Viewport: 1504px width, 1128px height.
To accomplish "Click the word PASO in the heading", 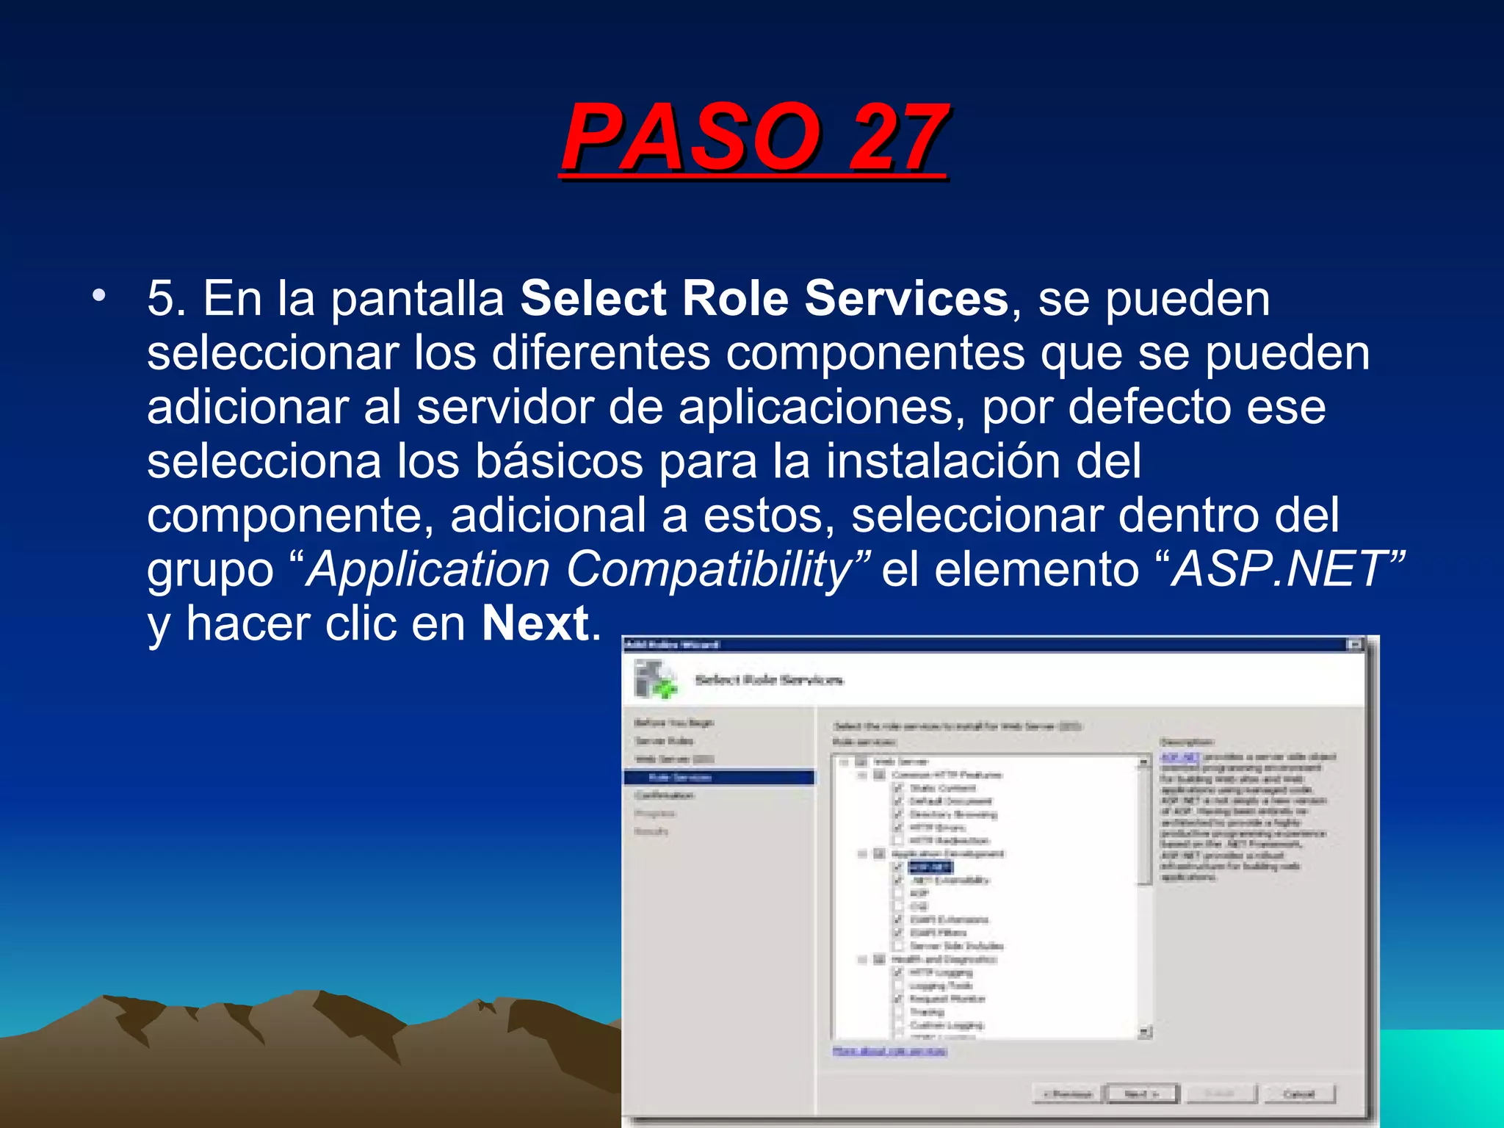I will [691, 138].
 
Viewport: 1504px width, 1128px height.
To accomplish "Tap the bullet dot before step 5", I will [98, 296].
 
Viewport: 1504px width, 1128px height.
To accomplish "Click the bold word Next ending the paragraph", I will [535, 623].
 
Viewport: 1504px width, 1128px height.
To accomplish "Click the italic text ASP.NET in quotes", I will [1278, 569].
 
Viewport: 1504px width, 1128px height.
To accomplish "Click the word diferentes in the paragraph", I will [601, 353].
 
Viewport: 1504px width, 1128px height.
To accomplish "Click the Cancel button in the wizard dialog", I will [1298, 1094].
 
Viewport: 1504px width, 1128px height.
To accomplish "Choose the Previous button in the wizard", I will [1069, 1094].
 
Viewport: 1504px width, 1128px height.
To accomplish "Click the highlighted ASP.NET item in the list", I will [930, 867].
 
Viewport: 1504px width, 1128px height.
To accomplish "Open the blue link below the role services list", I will [889, 1051].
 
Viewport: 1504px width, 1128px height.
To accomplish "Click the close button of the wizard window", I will [1354, 645].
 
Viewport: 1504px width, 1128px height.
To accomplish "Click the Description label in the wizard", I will [1187, 742].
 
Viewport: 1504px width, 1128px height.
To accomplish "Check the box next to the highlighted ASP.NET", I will [897, 867].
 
